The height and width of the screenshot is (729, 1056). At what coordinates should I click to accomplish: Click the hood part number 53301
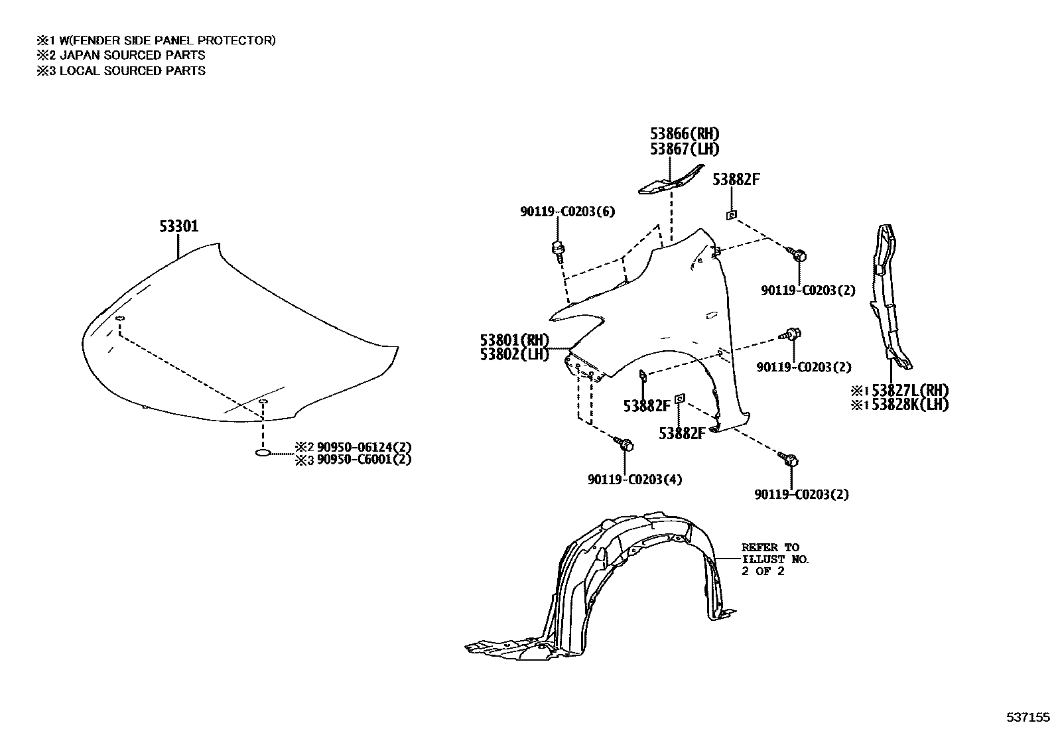(178, 227)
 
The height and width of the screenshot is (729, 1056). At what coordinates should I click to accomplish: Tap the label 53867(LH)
(684, 149)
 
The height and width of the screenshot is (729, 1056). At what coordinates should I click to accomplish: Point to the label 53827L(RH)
(909, 390)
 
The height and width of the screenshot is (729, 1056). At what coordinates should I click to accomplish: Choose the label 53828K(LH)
(909, 405)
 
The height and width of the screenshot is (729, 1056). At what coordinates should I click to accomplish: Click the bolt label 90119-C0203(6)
(567, 212)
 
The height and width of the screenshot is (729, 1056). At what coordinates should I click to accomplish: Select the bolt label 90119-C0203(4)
(634, 479)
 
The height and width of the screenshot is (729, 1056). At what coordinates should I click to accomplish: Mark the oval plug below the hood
(263, 452)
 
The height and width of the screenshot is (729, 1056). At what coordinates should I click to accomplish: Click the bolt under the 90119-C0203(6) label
(557, 250)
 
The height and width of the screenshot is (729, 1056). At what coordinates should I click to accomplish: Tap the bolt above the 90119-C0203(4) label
(624, 444)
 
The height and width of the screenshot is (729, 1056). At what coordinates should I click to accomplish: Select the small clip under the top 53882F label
(730, 214)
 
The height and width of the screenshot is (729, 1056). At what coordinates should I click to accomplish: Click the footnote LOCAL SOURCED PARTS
(132, 70)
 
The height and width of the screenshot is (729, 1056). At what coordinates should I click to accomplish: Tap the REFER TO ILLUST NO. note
(774, 559)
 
